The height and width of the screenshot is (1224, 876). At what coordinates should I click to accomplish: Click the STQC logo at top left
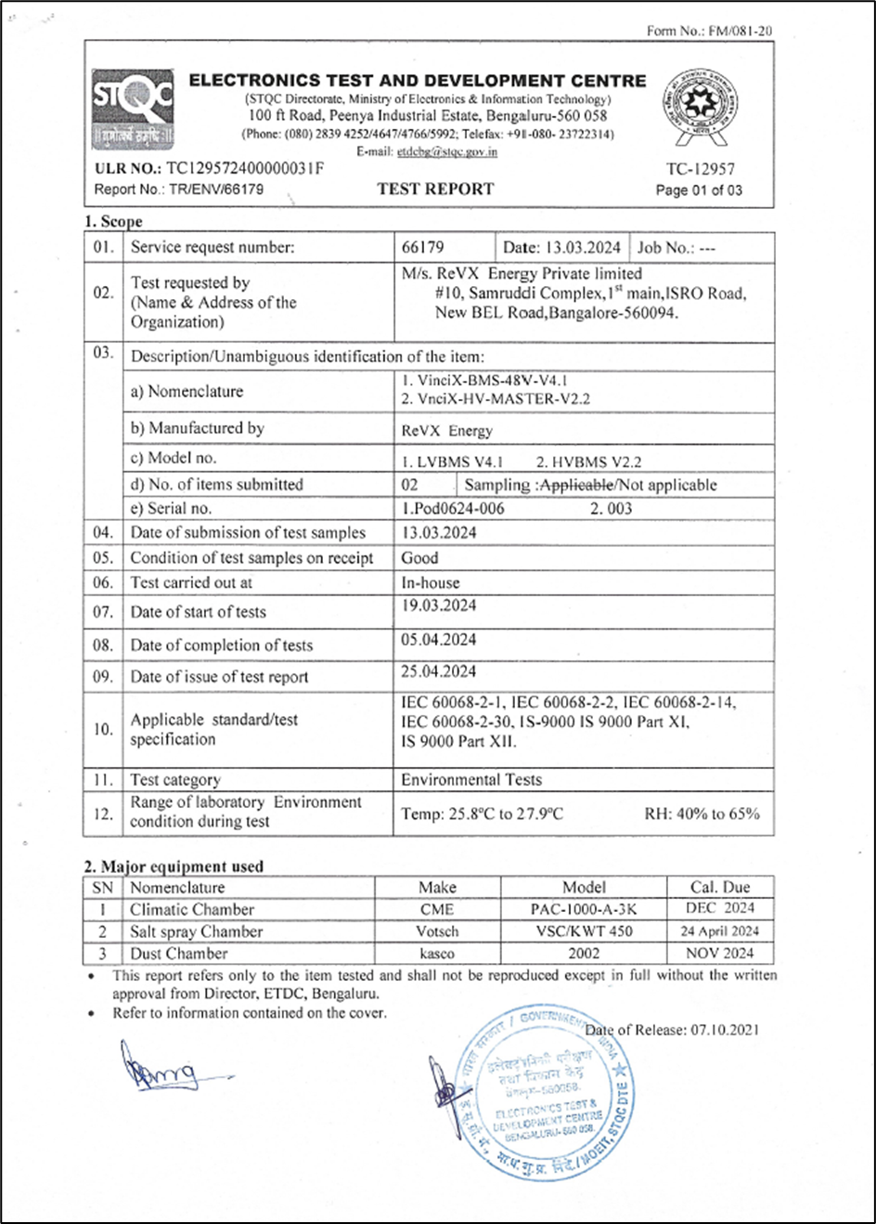click(132, 111)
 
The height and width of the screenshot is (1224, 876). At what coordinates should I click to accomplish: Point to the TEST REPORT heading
click(435, 189)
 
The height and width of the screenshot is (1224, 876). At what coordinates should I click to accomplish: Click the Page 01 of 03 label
click(699, 190)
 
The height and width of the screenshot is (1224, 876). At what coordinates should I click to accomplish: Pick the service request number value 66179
click(422, 248)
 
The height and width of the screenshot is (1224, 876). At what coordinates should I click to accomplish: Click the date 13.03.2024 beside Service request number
click(562, 248)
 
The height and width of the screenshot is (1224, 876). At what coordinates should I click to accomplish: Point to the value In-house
click(430, 583)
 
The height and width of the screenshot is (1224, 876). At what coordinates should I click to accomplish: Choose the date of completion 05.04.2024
click(439, 640)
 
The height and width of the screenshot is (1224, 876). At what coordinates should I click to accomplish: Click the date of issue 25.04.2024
click(439, 671)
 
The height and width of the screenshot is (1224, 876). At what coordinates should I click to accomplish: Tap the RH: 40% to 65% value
click(702, 814)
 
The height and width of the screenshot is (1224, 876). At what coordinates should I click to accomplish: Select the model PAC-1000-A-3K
click(584, 909)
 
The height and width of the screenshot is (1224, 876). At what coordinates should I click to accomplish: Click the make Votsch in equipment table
click(437, 931)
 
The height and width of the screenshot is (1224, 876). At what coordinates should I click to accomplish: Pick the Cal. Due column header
click(720, 887)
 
